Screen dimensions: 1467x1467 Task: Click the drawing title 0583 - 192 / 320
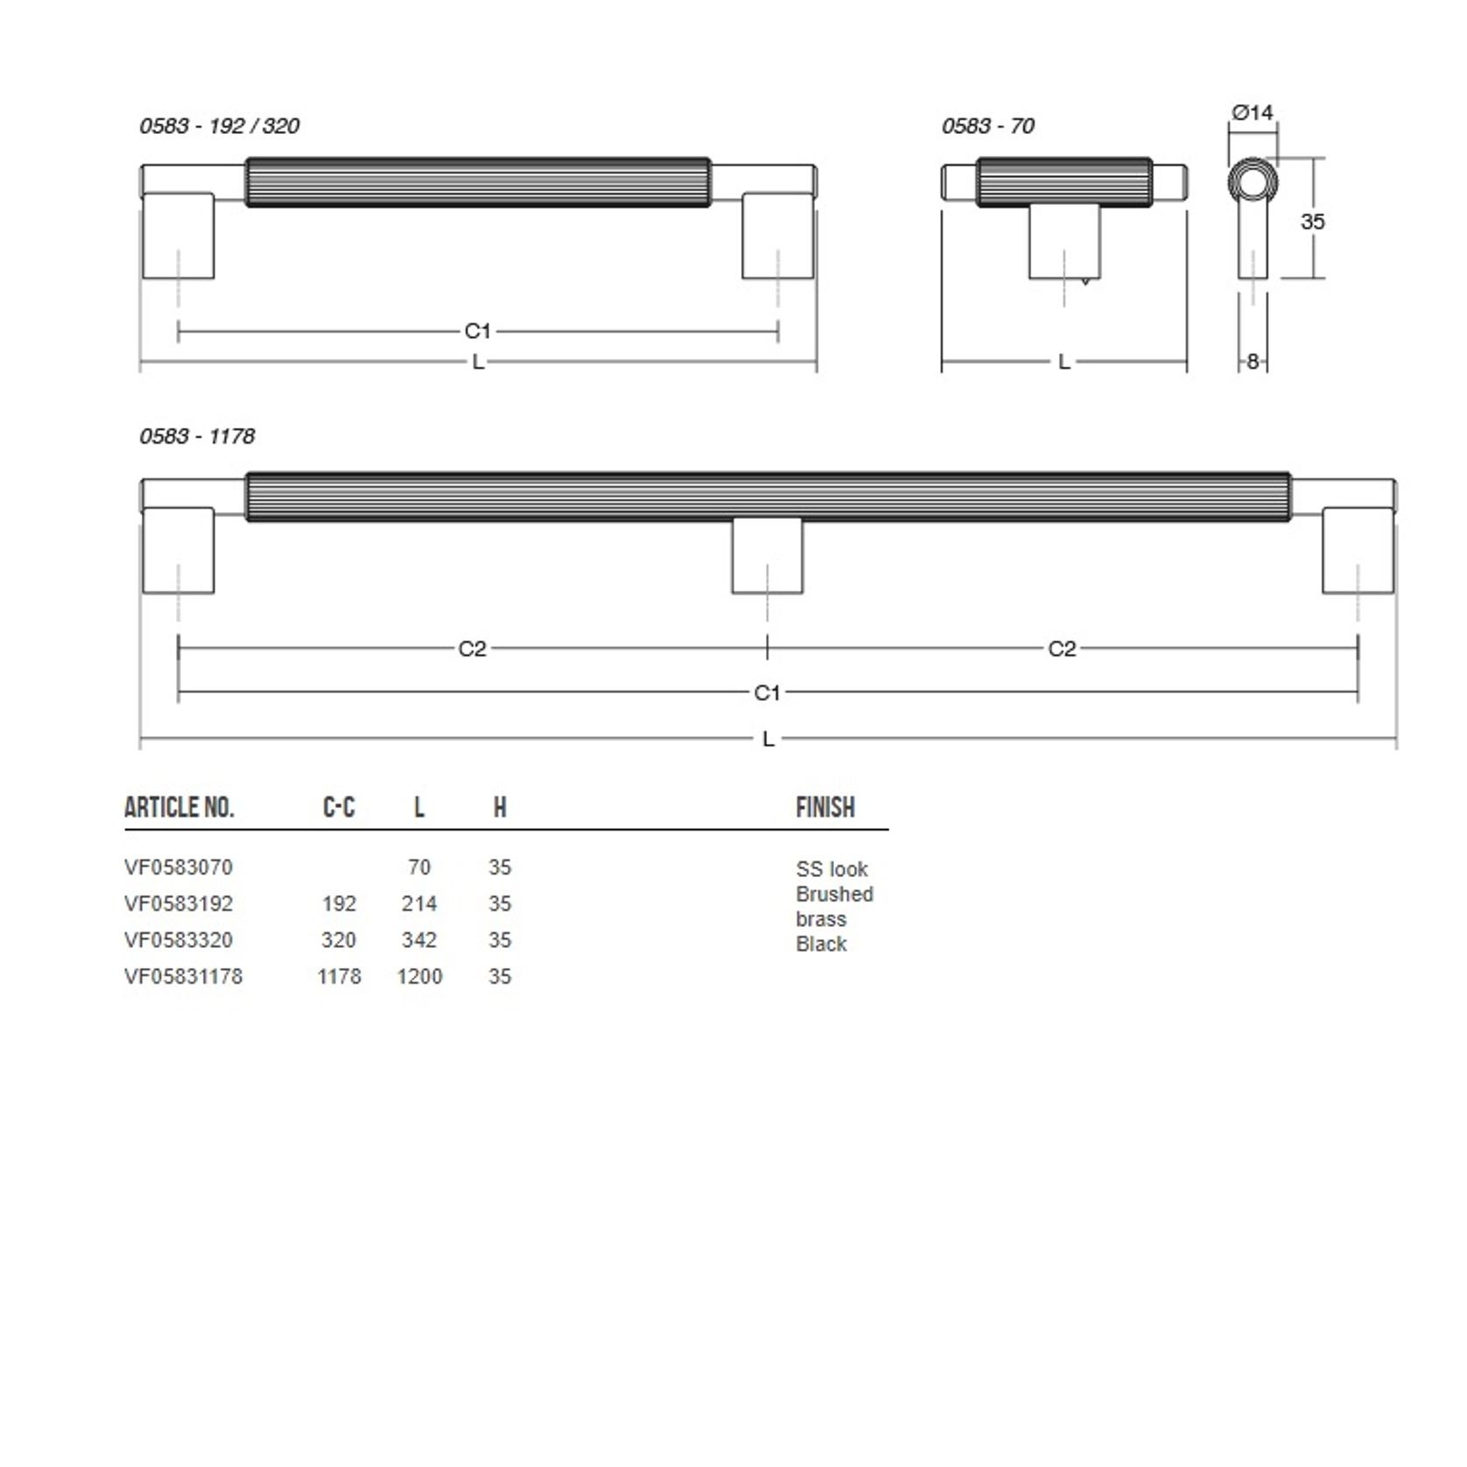coord(219,126)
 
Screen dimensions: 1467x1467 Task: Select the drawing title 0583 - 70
coord(987,126)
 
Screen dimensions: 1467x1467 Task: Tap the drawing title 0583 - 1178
coord(197,436)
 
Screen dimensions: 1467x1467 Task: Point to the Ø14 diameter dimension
coord(1252,113)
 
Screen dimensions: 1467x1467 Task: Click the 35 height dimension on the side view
coord(1312,221)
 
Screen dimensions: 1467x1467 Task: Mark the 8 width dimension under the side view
coord(1253,361)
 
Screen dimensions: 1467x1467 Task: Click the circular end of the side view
coord(1253,183)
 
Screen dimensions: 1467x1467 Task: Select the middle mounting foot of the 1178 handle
coord(768,556)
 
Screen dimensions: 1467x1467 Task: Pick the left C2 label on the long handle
coord(472,649)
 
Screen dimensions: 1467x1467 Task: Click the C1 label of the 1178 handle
coord(767,692)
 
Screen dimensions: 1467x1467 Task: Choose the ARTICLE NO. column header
coord(179,807)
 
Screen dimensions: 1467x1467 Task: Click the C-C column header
coord(339,807)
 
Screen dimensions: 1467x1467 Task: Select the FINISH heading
coord(825,807)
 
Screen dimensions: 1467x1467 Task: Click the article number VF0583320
coord(179,940)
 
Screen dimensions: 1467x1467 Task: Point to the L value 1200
coord(419,976)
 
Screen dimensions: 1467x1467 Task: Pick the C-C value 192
coord(339,903)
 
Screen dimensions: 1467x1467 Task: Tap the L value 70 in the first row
coord(419,867)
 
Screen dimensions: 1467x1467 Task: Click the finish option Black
coord(821,944)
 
